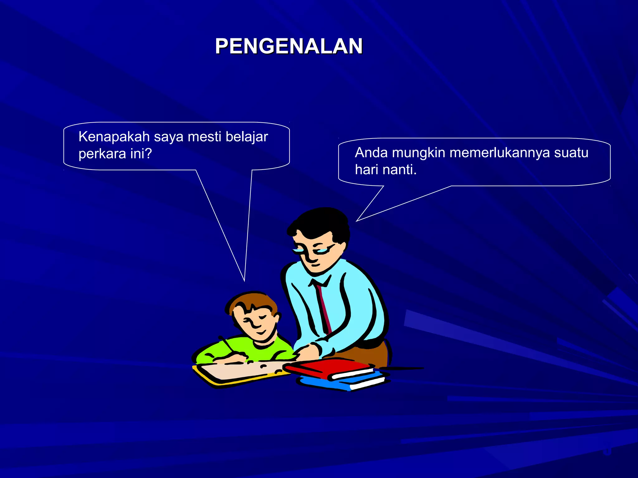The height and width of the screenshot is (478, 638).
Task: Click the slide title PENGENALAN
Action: [289, 46]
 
